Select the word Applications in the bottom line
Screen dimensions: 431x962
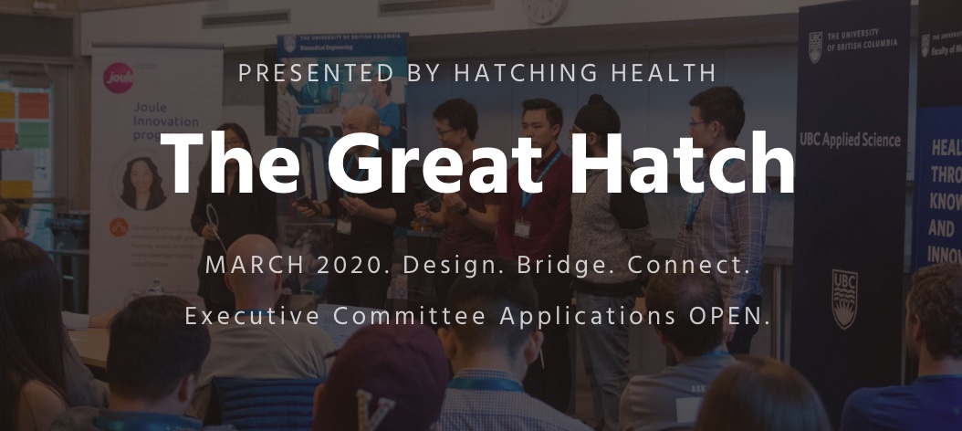coord(584,317)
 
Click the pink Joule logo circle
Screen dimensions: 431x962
coord(119,76)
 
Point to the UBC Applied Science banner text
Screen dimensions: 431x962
coord(850,140)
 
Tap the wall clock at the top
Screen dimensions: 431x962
coord(544,9)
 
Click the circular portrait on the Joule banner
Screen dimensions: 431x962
coord(143,183)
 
